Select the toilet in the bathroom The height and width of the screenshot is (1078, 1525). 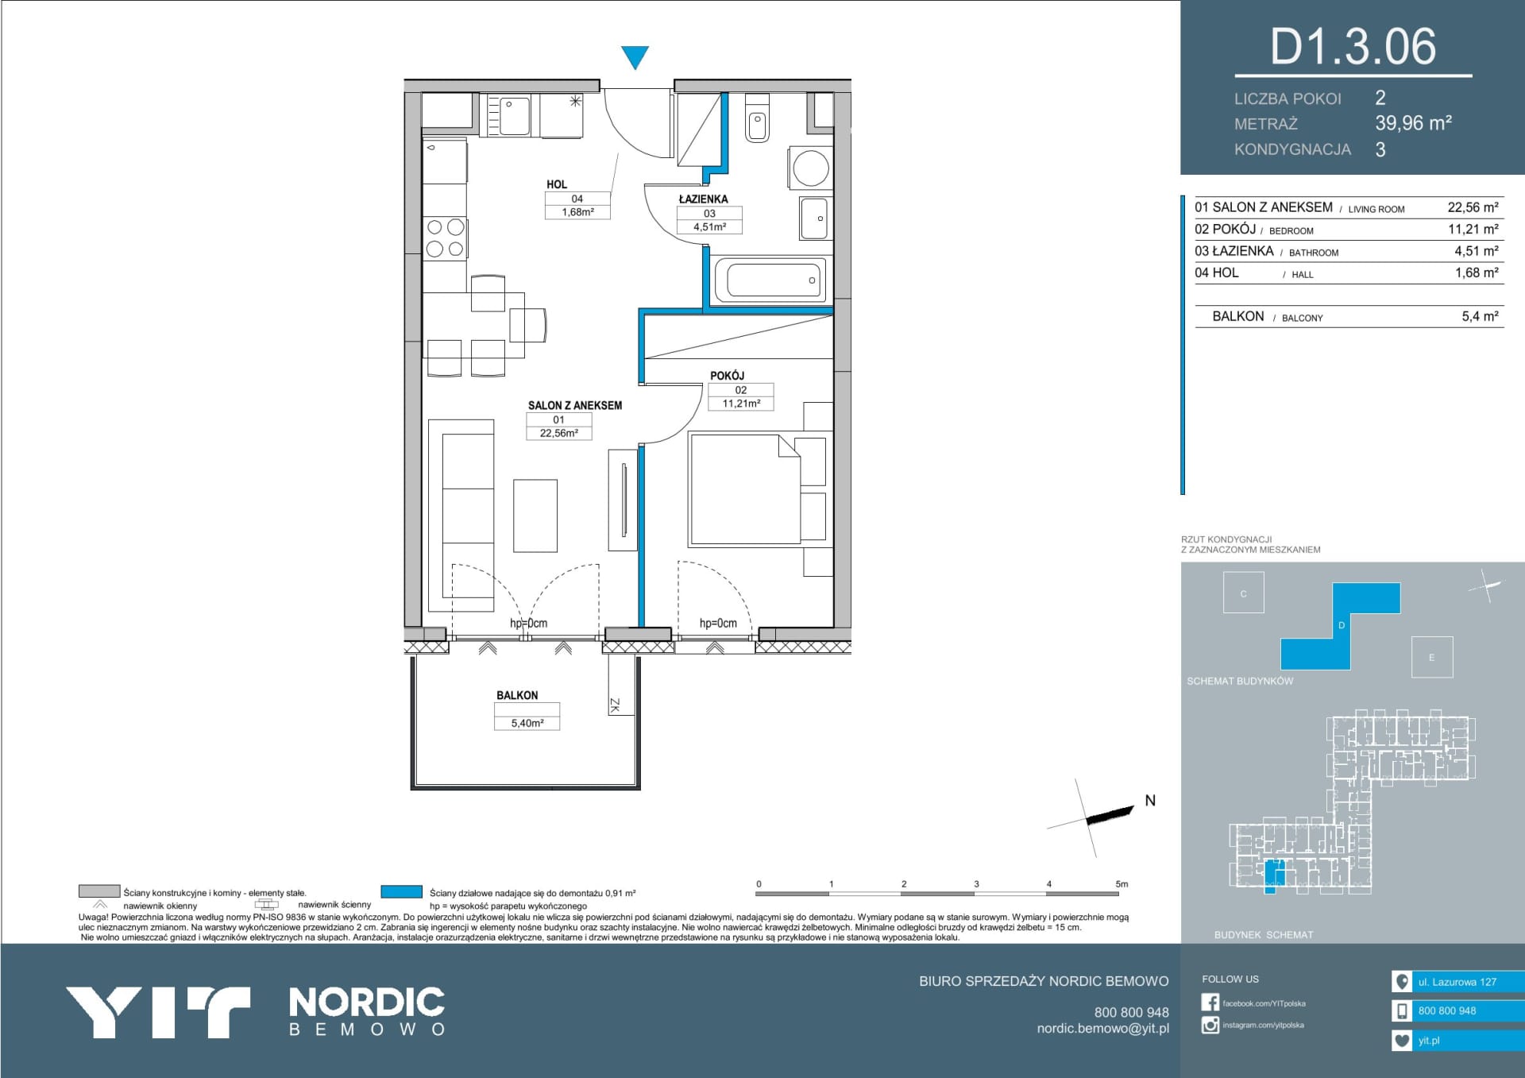click(758, 118)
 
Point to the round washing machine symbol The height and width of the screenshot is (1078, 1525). click(810, 168)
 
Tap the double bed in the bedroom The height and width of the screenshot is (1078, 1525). click(745, 489)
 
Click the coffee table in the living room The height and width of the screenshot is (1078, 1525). click(535, 516)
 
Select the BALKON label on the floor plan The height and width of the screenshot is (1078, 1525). click(517, 695)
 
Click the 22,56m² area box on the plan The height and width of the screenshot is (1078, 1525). click(558, 433)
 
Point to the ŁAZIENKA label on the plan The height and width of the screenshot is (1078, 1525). click(703, 199)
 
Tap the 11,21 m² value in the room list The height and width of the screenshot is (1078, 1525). click(1473, 229)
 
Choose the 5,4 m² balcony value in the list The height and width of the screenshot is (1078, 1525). click(1480, 316)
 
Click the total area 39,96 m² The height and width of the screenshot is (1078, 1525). click(1414, 123)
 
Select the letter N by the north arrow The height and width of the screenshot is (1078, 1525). click(1150, 801)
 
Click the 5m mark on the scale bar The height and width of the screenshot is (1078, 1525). click(1122, 883)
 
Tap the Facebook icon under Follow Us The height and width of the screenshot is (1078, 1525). click(1210, 1003)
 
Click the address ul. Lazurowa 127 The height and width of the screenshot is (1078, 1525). click(1457, 982)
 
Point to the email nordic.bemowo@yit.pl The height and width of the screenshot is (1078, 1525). click(1102, 1028)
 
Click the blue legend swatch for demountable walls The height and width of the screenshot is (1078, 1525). click(401, 892)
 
